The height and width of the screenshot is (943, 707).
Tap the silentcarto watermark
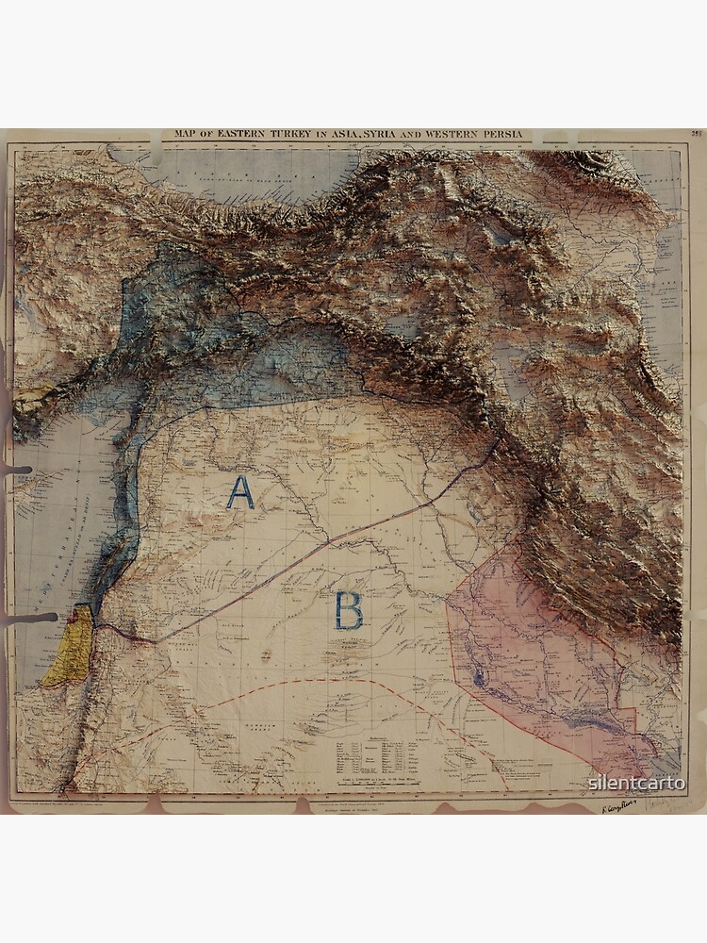click(637, 782)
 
